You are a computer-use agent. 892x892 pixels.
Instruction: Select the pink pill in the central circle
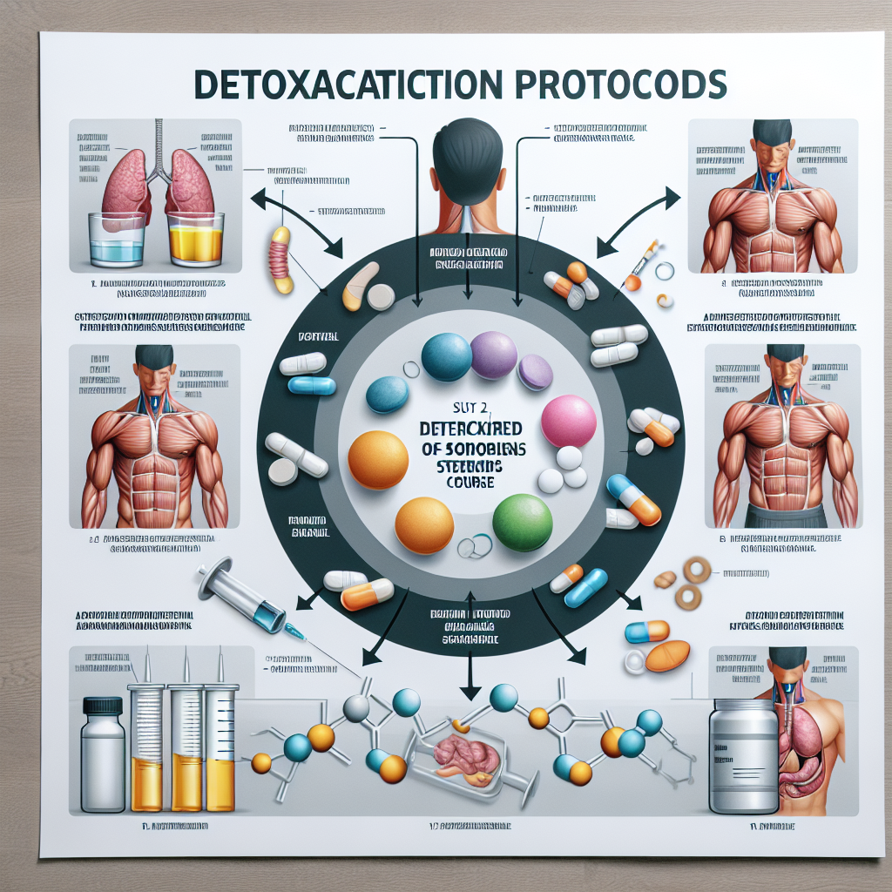click(x=568, y=421)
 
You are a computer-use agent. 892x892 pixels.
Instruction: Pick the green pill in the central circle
click(x=523, y=522)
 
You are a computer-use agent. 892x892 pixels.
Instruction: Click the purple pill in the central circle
click(x=494, y=354)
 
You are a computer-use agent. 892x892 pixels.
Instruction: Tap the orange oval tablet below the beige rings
click(x=667, y=655)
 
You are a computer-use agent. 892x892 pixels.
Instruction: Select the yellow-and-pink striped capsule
click(x=281, y=260)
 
